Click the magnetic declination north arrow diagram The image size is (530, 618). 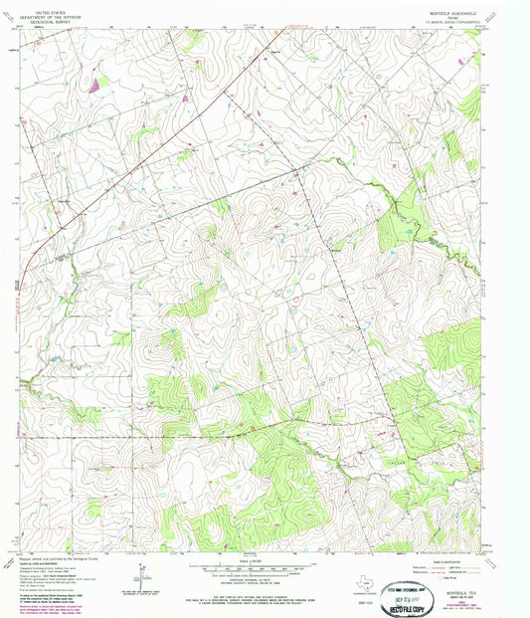coord(138,571)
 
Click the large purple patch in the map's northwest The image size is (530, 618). coord(94,87)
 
